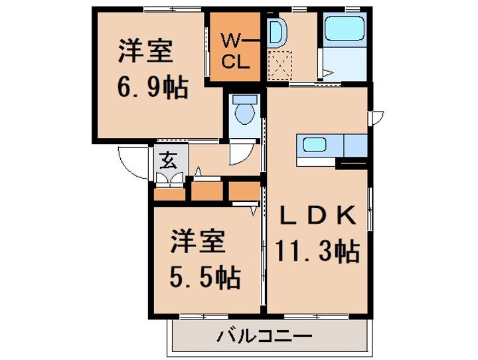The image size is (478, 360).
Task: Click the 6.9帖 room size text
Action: [x=153, y=87]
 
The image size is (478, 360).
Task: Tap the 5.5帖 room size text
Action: [x=204, y=278]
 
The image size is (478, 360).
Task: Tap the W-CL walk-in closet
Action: [x=235, y=51]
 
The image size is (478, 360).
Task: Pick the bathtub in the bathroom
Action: [x=345, y=29]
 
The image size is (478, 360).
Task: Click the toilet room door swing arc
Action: [x=240, y=155]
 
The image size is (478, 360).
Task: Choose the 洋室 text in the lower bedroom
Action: [x=199, y=242]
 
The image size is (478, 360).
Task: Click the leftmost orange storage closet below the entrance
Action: [x=170, y=195]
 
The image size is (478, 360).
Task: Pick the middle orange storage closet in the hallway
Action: [x=207, y=191]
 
